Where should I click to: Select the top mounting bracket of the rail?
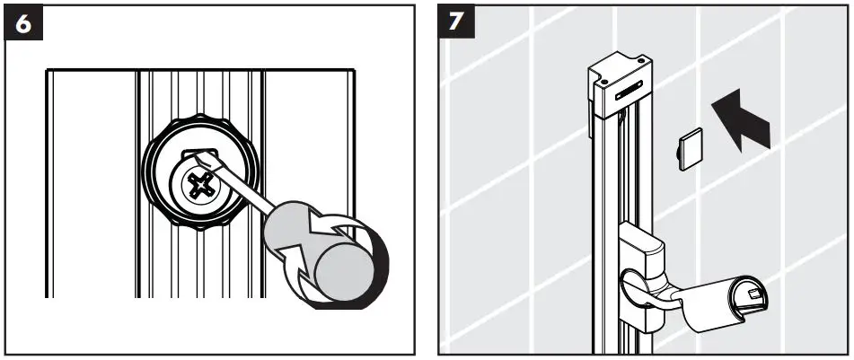click(x=619, y=85)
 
